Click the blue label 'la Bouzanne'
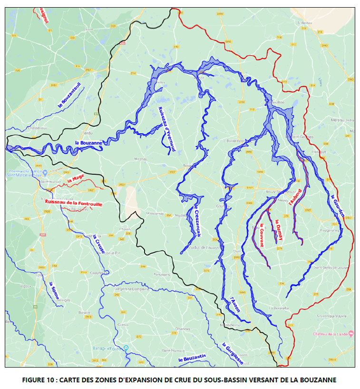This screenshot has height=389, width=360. [88, 143]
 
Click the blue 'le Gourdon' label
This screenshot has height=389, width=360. [338, 206]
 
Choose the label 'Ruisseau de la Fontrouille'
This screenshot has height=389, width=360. [73, 202]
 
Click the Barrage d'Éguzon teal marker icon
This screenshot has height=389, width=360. [126, 348]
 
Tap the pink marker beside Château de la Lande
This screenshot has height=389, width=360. [350, 334]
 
